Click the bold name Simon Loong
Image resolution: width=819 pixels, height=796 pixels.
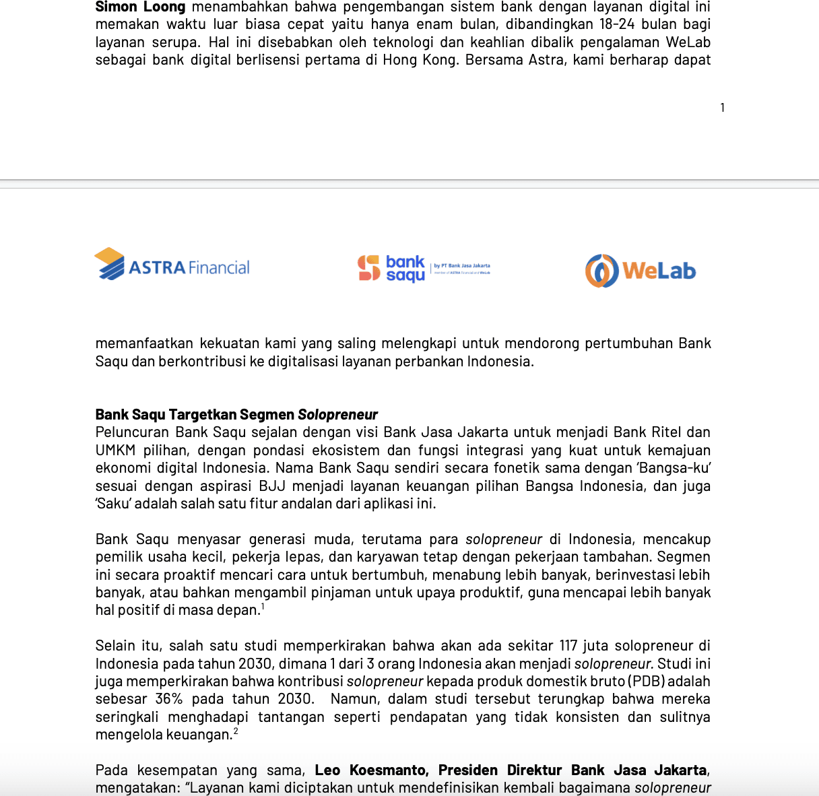[140, 7]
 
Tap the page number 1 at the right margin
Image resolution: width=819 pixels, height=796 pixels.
[722, 108]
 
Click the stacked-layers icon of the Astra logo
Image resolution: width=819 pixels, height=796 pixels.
[110, 264]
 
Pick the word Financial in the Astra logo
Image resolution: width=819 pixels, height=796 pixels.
[219, 268]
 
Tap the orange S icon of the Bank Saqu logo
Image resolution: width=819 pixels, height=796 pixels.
[369, 268]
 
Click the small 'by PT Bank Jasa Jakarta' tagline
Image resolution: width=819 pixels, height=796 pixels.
[462, 266]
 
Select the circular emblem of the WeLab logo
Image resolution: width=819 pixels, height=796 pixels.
[601, 271]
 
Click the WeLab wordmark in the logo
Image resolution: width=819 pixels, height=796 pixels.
[659, 271]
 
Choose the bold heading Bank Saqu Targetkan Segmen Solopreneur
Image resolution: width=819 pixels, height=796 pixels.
[236, 415]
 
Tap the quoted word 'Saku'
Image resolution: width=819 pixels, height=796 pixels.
[113, 504]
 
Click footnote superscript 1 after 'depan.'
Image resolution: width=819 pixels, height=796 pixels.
[263, 607]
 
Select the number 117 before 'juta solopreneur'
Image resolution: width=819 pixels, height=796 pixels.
[569, 646]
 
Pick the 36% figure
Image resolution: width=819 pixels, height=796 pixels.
[168, 699]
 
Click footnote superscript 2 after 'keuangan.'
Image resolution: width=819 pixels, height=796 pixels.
[236, 731]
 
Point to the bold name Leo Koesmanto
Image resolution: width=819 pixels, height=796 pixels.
[370, 770]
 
